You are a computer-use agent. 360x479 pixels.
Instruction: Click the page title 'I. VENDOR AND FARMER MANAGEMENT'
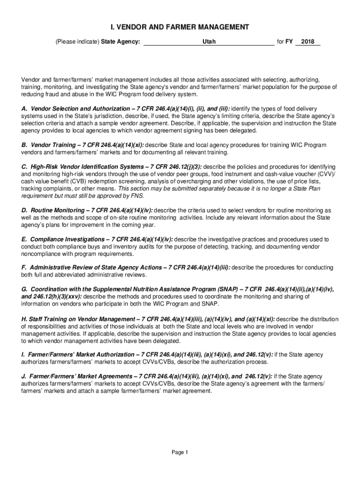click(x=180, y=27)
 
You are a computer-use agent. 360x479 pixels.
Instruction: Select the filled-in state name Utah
click(x=209, y=42)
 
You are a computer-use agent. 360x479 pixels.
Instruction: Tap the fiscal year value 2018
click(x=308, y=42)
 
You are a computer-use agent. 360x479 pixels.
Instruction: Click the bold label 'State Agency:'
click(x=121, y=42)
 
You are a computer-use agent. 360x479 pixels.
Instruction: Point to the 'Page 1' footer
click(x=180, y=452)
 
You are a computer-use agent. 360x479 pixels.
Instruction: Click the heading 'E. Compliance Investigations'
click(x=62, y=239)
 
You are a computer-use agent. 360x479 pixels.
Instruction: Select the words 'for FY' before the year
click(x=285, y=42)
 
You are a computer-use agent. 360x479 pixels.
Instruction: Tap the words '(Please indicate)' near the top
click(x=77, y=42)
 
